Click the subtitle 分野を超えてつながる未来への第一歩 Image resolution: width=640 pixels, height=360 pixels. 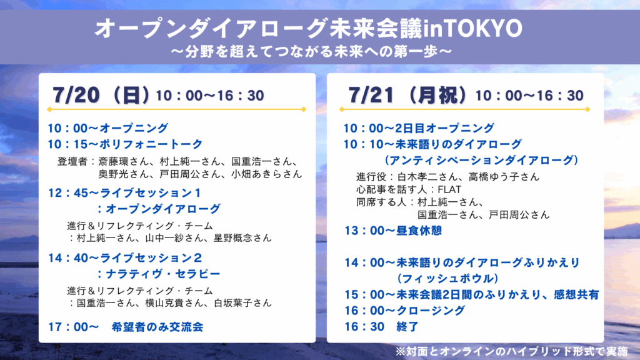coord(312,51)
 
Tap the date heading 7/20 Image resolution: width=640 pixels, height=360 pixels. coord(76,95)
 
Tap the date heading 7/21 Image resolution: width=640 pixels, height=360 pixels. coord(371,95)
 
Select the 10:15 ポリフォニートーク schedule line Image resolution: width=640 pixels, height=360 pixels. coord(125,144)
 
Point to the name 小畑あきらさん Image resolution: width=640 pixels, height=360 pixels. coord(266,174)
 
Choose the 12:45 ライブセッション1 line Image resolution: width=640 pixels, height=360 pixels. coord(124,192)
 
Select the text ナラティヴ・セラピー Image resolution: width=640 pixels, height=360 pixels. coord(163,274)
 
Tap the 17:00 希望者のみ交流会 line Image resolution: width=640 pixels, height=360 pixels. coord(125,327)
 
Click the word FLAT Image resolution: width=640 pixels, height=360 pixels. coord(449,189)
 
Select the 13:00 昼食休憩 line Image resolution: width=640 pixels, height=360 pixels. coord(393,231)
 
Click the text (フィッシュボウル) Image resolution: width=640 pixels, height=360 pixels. coord(447,278)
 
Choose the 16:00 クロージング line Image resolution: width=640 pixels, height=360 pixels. coord(404,311)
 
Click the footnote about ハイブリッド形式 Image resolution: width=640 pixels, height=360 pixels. coord(511,351)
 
